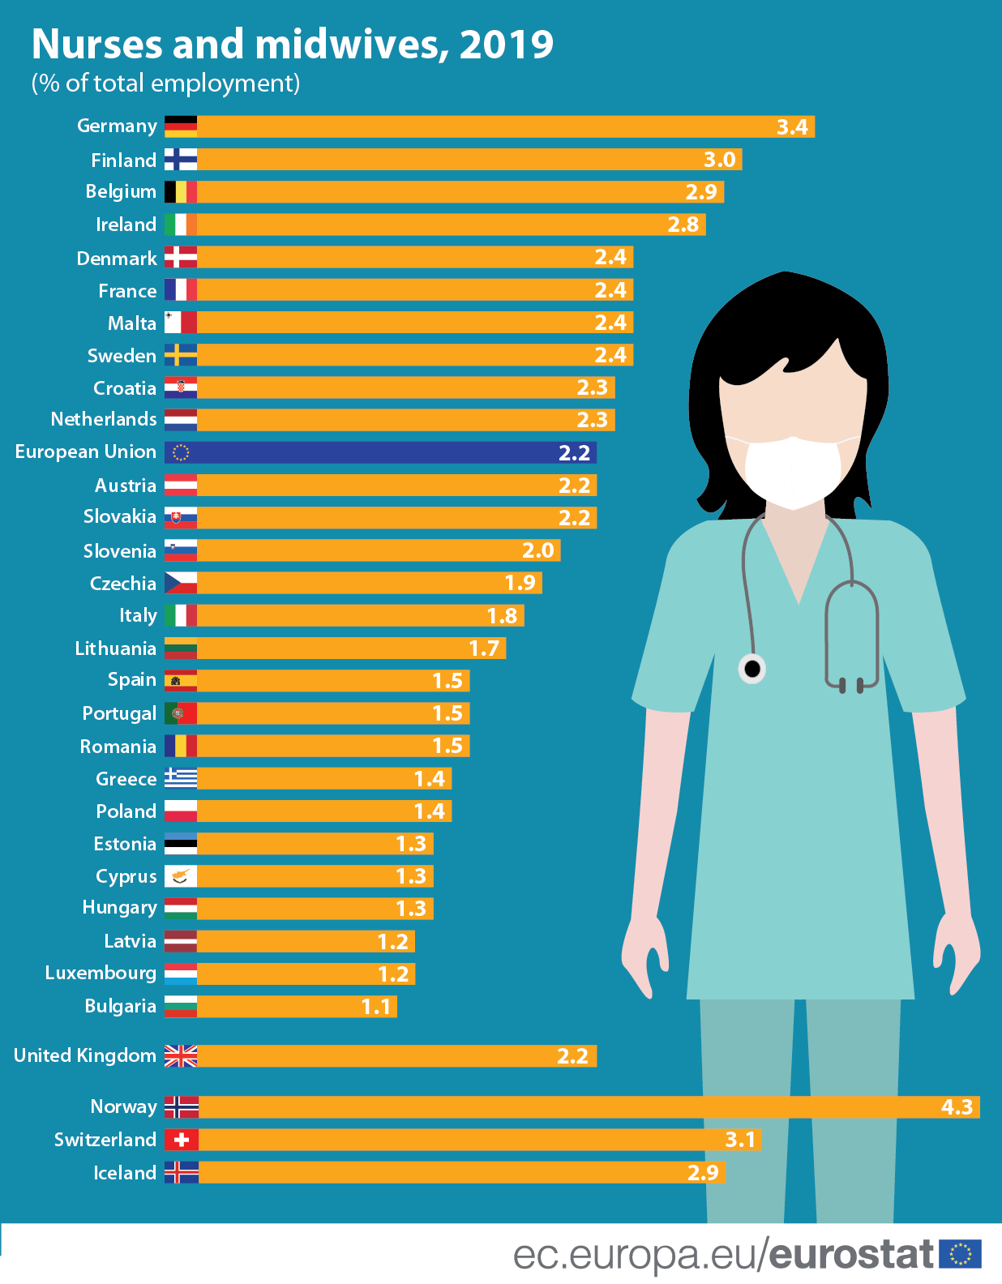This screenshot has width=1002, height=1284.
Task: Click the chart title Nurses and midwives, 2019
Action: point(292,44)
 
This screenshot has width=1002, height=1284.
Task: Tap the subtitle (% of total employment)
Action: point(165,83)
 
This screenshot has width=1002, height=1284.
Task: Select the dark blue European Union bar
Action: point(381,452)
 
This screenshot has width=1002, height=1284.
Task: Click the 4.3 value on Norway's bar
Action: point(957,1107)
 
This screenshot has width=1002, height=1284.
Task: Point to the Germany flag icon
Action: point(181,126)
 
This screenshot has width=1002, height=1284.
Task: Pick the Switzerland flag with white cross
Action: point(181,1140)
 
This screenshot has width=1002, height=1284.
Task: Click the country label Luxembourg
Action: point(101,974)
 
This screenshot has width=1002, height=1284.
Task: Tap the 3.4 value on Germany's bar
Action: point(792,127)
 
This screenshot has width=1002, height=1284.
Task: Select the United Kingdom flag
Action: point(181,1056)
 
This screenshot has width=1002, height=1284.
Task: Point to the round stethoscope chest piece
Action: point(752,669)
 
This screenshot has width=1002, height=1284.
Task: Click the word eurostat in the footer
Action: point(851,1255)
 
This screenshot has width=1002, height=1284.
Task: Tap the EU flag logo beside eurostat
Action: point(961,1254)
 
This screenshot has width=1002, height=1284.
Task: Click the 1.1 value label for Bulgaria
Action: point(376,1007)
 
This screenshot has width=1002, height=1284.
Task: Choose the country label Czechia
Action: point(123,584)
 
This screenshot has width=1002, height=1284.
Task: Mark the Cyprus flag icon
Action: point(181,876)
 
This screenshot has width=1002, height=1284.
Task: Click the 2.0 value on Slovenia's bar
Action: point(538,550)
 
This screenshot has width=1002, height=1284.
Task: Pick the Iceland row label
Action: point(125,1173)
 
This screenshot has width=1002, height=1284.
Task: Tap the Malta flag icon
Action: point(181,323)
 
